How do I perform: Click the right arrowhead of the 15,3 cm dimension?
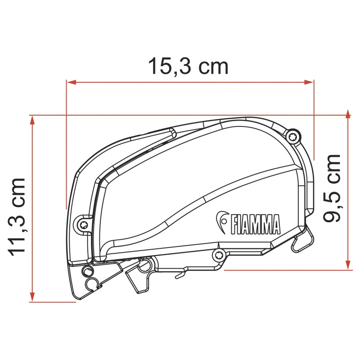[309, 82]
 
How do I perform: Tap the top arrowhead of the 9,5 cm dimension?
[348, 113]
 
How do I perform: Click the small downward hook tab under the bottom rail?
[180, 273]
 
